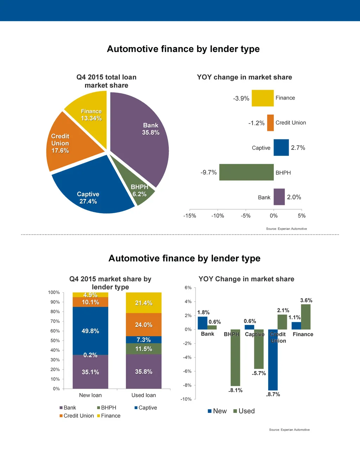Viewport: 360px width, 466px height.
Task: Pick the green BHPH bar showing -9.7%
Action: point(246,172)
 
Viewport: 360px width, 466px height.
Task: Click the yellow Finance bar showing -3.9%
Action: point(263,98)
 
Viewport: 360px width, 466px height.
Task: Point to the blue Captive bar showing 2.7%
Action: point(281,148)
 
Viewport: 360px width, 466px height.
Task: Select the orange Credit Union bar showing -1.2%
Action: point(270,123)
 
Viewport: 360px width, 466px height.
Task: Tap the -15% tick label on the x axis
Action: point(189,216)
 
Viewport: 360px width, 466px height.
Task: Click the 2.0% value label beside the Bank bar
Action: point(294,197)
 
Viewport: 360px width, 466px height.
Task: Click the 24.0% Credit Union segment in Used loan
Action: point(144,325)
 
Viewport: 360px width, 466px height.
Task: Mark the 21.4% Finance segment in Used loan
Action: point(144,303)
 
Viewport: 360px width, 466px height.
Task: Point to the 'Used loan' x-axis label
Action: point(144,395)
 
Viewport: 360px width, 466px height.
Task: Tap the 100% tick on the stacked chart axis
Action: point(54,293)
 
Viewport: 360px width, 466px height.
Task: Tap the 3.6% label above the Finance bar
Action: point(306,300)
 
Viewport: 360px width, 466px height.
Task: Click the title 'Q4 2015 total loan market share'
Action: point(107,81)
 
